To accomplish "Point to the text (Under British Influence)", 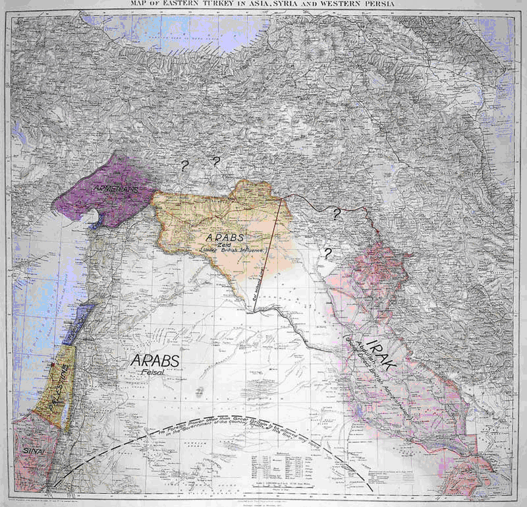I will (x=230, y=251).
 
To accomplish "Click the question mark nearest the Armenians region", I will (x=182, y=165).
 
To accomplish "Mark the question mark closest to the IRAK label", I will (x=327, y=253).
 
